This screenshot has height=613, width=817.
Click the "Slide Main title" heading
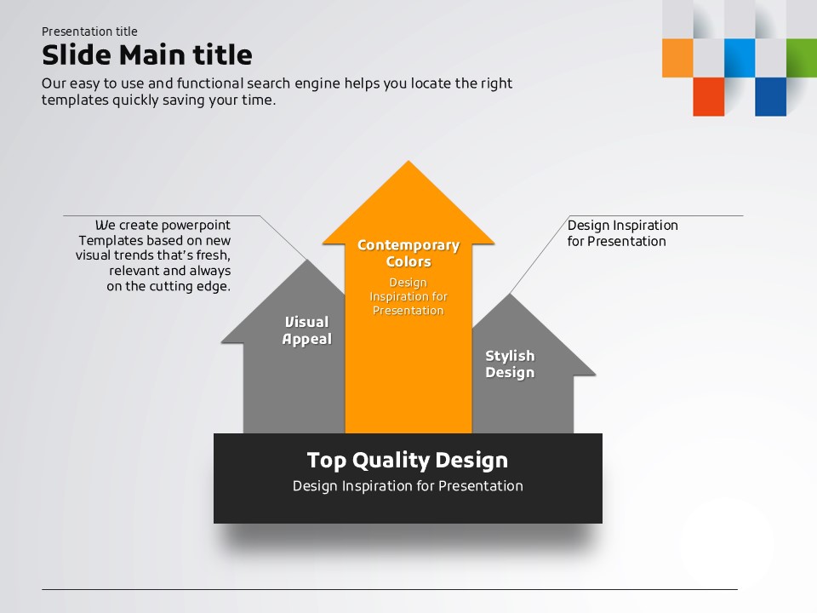[x=147, y=54]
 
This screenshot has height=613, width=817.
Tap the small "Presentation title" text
[x=89, y=32]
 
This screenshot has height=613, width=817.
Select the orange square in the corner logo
[x=677, y=58]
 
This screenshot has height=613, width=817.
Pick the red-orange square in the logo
[x=709, y=96]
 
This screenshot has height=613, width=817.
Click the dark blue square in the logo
[x=771, y=96]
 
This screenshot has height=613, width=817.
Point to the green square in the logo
[x=802, y=58]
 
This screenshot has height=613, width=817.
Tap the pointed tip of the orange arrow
[x=408, y=161]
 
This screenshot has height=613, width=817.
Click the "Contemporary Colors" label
[x=408, y=254]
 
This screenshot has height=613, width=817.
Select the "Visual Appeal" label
[x=307, y=330]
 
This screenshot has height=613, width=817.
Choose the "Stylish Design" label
[x=510, y=364]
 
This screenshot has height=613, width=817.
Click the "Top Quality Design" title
[x=408, y=461]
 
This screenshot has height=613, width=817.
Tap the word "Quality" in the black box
[x=391, y=461]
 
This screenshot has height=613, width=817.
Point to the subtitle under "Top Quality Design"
[x=408, y=486]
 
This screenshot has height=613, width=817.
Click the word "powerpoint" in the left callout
[x=196, y=225]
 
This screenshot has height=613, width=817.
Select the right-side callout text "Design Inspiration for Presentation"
[x=623, y=233]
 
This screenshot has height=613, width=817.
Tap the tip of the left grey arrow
[x=307, y=261]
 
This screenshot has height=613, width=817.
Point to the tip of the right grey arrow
[x=510, y=294]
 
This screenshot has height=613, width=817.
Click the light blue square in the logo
[x=740, y=58]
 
